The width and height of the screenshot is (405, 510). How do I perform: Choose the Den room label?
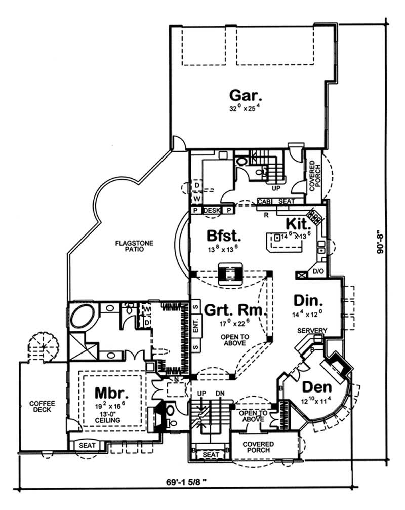coord(317,387)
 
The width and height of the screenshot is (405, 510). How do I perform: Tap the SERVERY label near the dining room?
coord(311,331)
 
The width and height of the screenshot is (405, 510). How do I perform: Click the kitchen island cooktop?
coord(277,237)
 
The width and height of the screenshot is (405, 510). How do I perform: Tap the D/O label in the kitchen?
coord(318,272)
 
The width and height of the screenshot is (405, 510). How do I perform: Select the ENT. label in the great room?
coord(195,326)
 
